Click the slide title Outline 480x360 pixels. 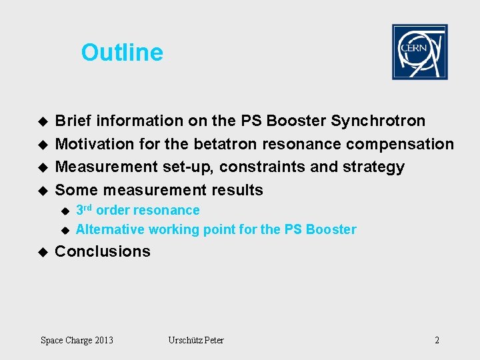(122, 53)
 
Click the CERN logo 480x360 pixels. (419, 52)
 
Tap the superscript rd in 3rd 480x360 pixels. (88, 207)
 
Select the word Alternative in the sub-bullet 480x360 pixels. (110, 230)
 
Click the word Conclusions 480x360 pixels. (103, 251)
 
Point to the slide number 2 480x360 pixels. (437, 341)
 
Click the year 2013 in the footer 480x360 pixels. (103, 341)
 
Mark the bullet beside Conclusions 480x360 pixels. (43, 252)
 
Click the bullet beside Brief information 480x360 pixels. (43, 121)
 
